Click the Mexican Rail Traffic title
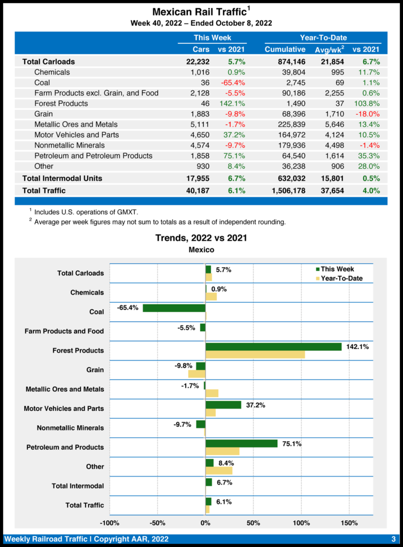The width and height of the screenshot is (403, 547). (200, 12)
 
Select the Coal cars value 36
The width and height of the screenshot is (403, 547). (203, 83)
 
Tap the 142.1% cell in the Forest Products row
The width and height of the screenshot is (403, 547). (234, 104)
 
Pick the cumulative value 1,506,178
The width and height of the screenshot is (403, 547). (285, 190)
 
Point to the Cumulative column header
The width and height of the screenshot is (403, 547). (285, 50)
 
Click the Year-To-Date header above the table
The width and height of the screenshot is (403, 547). (323, 38)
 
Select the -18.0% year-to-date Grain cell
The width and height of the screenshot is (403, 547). (368, 114)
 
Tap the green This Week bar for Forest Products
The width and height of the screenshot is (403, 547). (273, 347)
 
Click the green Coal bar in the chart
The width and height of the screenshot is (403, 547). (174, 308)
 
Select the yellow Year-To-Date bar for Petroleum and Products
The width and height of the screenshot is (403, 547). (222, 451)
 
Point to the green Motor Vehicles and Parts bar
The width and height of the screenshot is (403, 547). (223, 405)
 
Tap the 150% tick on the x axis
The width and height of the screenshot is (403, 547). (349, 522)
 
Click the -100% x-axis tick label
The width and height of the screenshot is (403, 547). (110, 522)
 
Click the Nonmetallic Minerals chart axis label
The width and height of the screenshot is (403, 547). (70, 428)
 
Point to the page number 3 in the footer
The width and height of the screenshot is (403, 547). (393, 538)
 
